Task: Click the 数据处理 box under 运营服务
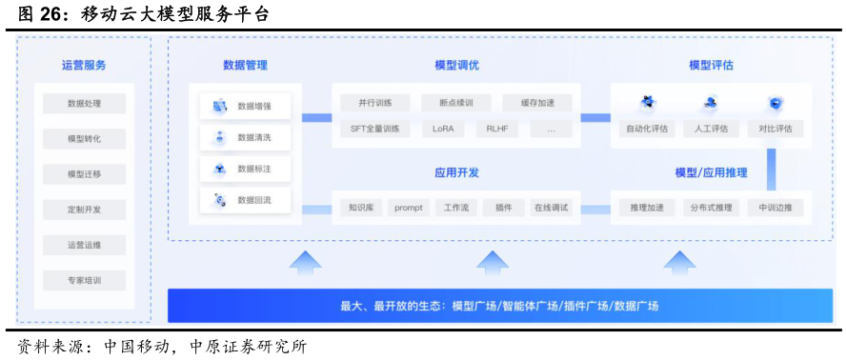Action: [84, 103]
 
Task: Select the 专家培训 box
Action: [84, 281]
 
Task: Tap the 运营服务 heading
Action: [84, 65]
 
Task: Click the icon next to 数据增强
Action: [219, 107]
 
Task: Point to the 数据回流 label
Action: [254, 200]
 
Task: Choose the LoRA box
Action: [442, 129]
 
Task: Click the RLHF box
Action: [497, 129]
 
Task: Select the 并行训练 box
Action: [375, 103]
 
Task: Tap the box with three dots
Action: [551, 129]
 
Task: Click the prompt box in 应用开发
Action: [408, 207]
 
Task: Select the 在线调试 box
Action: [552, 207]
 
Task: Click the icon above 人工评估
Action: [710, 103]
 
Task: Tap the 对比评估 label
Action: [775, 129]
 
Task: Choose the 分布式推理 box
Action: [710, 207]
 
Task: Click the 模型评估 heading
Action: [710, 65]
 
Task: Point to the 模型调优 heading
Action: [456, 65]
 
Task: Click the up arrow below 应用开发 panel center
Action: [493, 262]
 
